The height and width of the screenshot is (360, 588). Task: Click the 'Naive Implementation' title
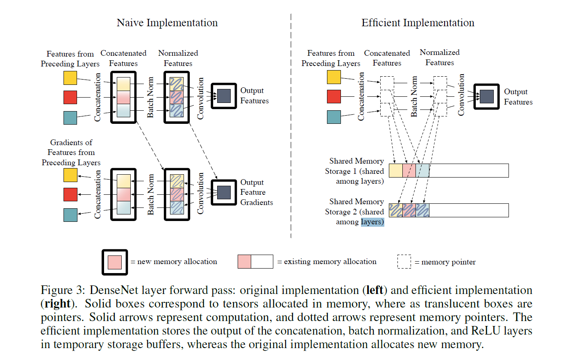(x=167, y=23)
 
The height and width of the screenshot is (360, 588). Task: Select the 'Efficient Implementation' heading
(x=418, y=23)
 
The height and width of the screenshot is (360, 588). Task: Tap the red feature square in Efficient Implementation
(x=334, y=97)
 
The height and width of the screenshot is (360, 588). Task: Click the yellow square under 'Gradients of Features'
(x=70, y=175)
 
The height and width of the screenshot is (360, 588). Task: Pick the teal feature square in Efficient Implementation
(x=334, y=117)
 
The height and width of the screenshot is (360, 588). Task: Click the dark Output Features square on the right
(x=486, y=96)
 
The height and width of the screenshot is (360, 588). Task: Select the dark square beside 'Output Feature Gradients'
(x=224, y=192)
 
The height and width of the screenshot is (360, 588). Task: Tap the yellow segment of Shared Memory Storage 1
(x=395, y=171)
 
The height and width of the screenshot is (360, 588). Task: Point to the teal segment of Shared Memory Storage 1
(x=422, y=171)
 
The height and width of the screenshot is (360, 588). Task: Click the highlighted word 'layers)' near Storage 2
(x=372, y=222)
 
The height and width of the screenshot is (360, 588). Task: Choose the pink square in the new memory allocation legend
(x=115, y=262)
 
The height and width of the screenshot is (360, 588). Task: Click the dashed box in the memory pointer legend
(x=404, y=262)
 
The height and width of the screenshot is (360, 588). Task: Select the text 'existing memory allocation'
(x=330, y=262)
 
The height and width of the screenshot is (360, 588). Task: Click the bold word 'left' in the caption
(x=375, y=290)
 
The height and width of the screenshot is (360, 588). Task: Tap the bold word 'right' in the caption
(x=57, y=303)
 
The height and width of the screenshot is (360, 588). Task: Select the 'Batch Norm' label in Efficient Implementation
(x=414, y=96)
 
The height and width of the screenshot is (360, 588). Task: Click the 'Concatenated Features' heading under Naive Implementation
(x=123, y=58)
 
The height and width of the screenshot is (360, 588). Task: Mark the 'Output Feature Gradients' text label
(x=256, y=192)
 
